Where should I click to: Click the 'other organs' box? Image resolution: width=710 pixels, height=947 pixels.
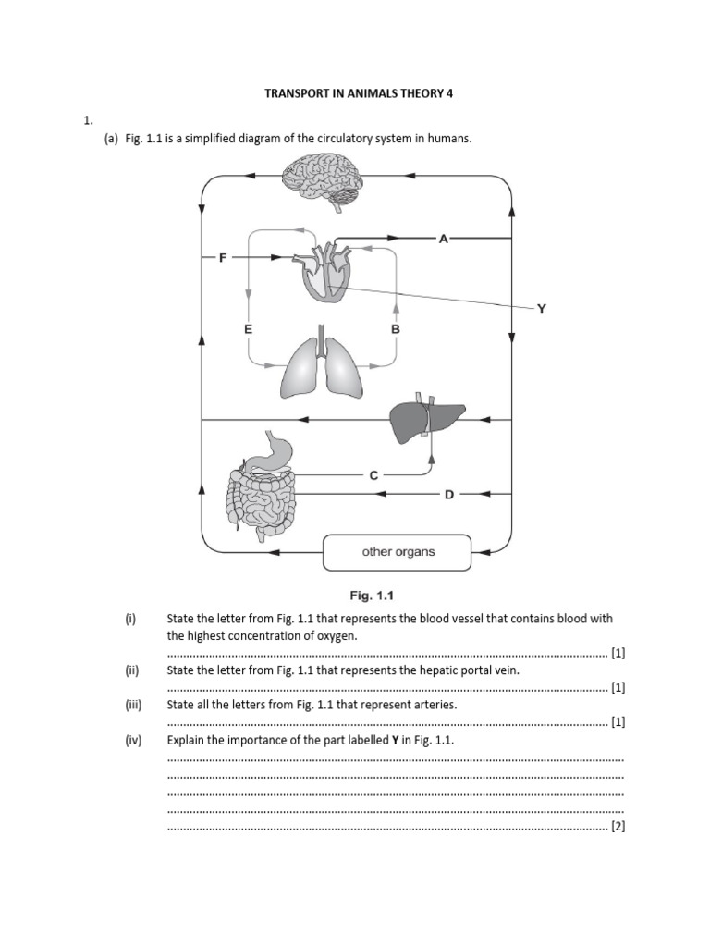(397, 552)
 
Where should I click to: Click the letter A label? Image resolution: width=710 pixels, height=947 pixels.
(443, 239)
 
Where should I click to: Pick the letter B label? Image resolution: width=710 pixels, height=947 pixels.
(395, 329)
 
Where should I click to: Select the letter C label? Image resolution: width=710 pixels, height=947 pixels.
(373, 474)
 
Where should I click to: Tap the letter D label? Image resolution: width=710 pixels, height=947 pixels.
(449, 495)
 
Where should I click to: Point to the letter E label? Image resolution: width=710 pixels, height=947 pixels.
(248, 329)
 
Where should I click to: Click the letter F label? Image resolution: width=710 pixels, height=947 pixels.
(222, 258)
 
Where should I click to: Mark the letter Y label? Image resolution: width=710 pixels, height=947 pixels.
(542, 309)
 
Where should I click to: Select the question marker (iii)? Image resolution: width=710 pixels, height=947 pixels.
(134, 704)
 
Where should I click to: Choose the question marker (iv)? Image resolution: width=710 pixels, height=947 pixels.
(134, 740)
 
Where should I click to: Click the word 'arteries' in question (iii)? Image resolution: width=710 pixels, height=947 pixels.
(435, 704)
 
